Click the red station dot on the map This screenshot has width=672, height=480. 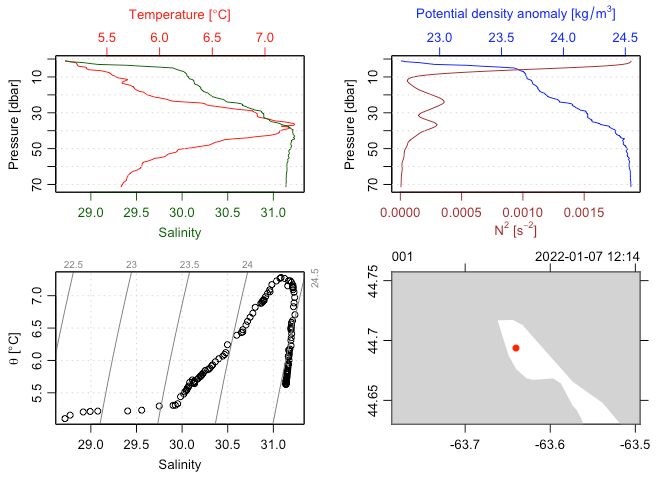tap(516, 348)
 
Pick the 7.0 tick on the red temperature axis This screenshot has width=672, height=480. tap(265, 37)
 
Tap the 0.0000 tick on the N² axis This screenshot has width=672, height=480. tap(401, 212)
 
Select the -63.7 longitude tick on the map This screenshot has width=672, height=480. tap(467, 441)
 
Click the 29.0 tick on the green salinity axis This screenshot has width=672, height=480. tap(91, 212)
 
